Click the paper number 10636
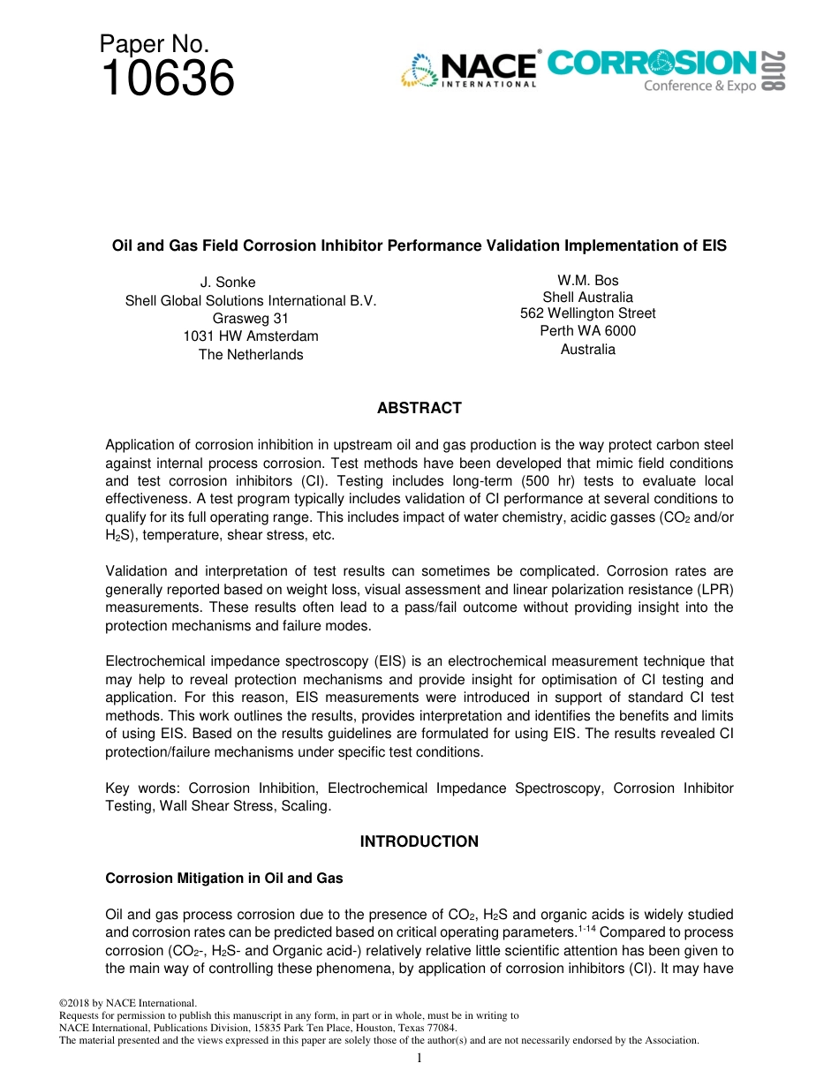(168, 79)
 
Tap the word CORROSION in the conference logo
(652, 64)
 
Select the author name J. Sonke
(228, 283)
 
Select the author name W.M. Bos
(587, 281)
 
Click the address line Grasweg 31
(251, 318)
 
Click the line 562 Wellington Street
(587, 313)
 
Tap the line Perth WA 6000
(587, 331)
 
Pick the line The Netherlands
(251, 354)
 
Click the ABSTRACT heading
(419, 408)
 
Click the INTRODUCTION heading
(419, 841)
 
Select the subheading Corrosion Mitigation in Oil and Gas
(224, 879)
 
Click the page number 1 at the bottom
(419, 1058)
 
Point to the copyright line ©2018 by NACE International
(126, 1003)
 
